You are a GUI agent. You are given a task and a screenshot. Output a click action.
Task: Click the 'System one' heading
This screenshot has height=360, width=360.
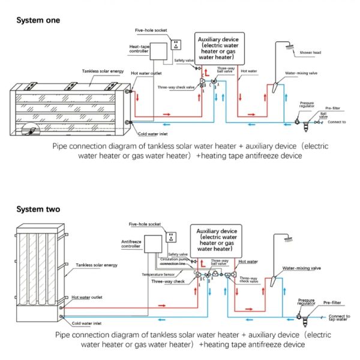pyautogui.click(x=38, y=20)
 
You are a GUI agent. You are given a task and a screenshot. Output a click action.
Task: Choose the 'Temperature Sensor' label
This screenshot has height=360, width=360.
pyautogui.click(x=161, y=274)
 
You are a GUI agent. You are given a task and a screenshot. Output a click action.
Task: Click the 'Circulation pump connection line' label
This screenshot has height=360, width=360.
pyautogui.click(x=178, y=262)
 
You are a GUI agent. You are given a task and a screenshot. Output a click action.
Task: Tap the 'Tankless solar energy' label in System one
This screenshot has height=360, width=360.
pyautogui.click(x=103, y=71)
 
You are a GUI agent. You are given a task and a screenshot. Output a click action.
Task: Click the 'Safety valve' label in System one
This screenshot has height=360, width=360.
pyautogui.click(x=182, y=61)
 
